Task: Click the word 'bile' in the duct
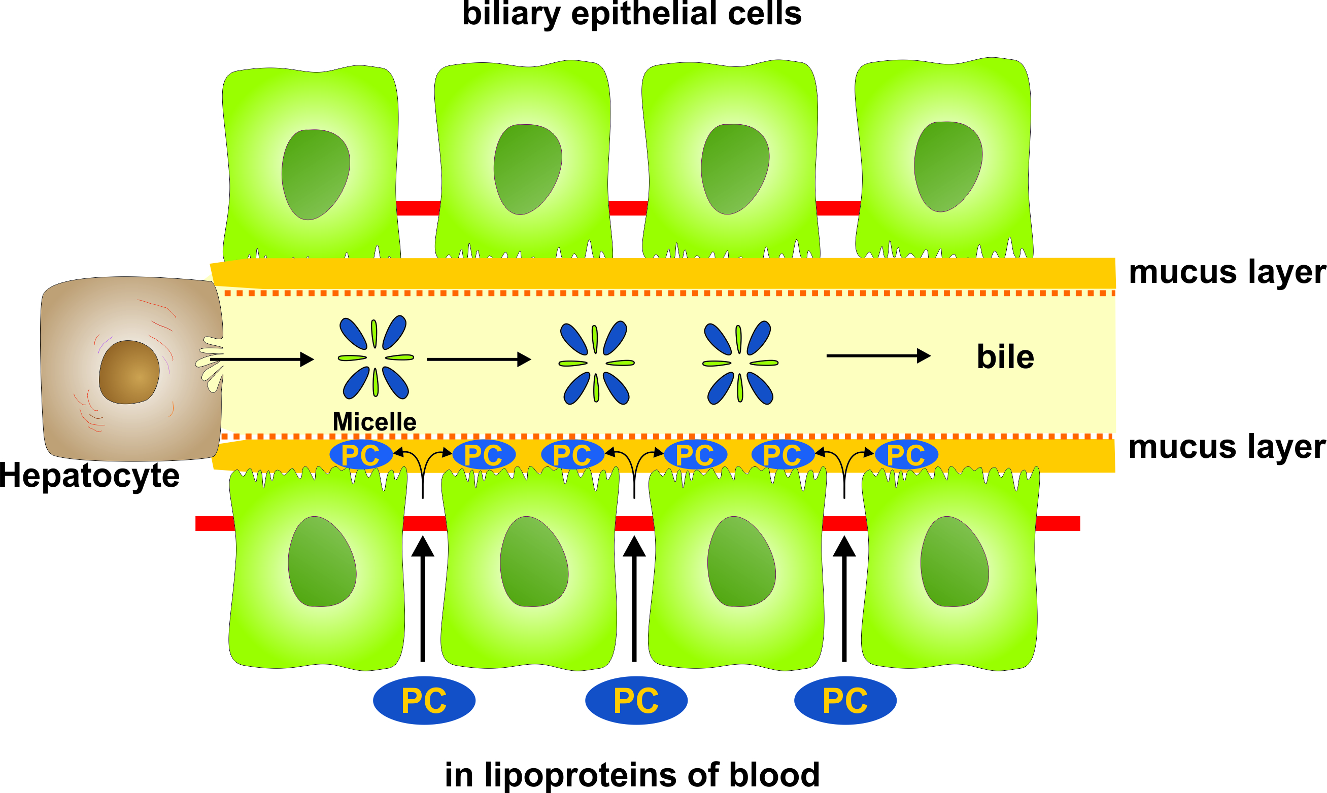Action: (x=1005, y=357)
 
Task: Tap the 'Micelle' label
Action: (x=375, y=422)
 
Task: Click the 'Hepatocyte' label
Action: (x=89, y=475)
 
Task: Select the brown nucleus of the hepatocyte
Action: (x=129, y=373)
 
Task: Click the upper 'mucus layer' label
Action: (x=1227, y=272)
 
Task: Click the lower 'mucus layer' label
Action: (x=1227, y=447)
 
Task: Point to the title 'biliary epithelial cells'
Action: (x=632, y=14)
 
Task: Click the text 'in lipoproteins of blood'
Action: (x=632, y=774)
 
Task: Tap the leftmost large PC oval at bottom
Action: (x=424, y=701)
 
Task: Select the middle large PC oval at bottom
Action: (x=636, y=701)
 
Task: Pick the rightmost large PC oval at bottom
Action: (x=845, y=701)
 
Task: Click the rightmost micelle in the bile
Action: (x=740, y=363)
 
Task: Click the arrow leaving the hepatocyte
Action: (x=262, y=359)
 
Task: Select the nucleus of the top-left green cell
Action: (x=316, y=174)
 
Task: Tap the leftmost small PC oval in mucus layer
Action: (x=361, y=455)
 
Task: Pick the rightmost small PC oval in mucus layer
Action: (x=906, y=455)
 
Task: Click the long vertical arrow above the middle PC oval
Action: (x=635, y=598)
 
